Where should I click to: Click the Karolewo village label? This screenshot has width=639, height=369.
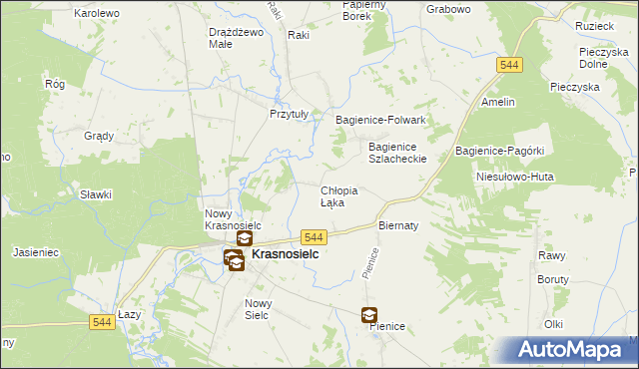pos(97,13)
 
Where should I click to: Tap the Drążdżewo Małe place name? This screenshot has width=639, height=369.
pos(235,37)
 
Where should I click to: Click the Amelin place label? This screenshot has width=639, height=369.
pos(497,102)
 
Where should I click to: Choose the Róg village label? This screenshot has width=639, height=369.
pos(55,85)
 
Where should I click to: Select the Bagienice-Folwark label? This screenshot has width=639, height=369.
pos(380,120)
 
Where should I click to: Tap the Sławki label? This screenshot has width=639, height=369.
pos(96,195)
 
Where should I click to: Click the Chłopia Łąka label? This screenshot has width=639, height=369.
pos(338,195)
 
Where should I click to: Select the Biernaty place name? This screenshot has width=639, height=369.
pos(396,225)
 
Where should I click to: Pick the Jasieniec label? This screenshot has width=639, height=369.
pos(36,253)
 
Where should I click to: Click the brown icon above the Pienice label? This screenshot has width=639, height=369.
pos(369,315)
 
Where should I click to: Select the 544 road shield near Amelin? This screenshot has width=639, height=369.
pos(509,64)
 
